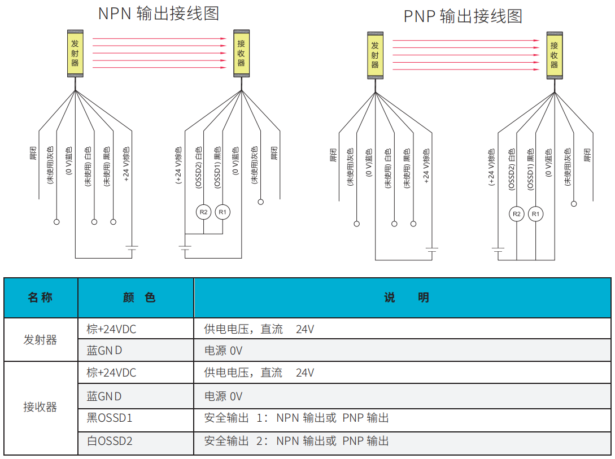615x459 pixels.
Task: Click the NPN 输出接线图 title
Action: (158, 14)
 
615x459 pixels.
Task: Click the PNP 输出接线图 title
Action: (463, 16)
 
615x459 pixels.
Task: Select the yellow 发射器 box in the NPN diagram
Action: (75, 53)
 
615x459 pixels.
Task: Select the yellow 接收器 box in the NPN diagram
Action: (241, 53)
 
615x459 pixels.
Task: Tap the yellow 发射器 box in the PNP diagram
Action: (375, 55)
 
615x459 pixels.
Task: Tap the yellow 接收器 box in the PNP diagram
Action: (554, 55)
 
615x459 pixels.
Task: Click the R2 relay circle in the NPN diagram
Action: (203, 212)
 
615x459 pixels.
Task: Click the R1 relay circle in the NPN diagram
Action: (223, 212)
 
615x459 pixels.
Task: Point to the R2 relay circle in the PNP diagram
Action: (516, 214)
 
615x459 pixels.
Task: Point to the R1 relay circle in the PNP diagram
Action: (536, 214)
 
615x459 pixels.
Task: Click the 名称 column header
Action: (40, 298)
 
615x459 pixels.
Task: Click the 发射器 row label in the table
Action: (40, 340)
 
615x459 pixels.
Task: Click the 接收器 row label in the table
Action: (40, 407)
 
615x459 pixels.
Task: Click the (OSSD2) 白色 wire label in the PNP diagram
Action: (511, 169)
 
